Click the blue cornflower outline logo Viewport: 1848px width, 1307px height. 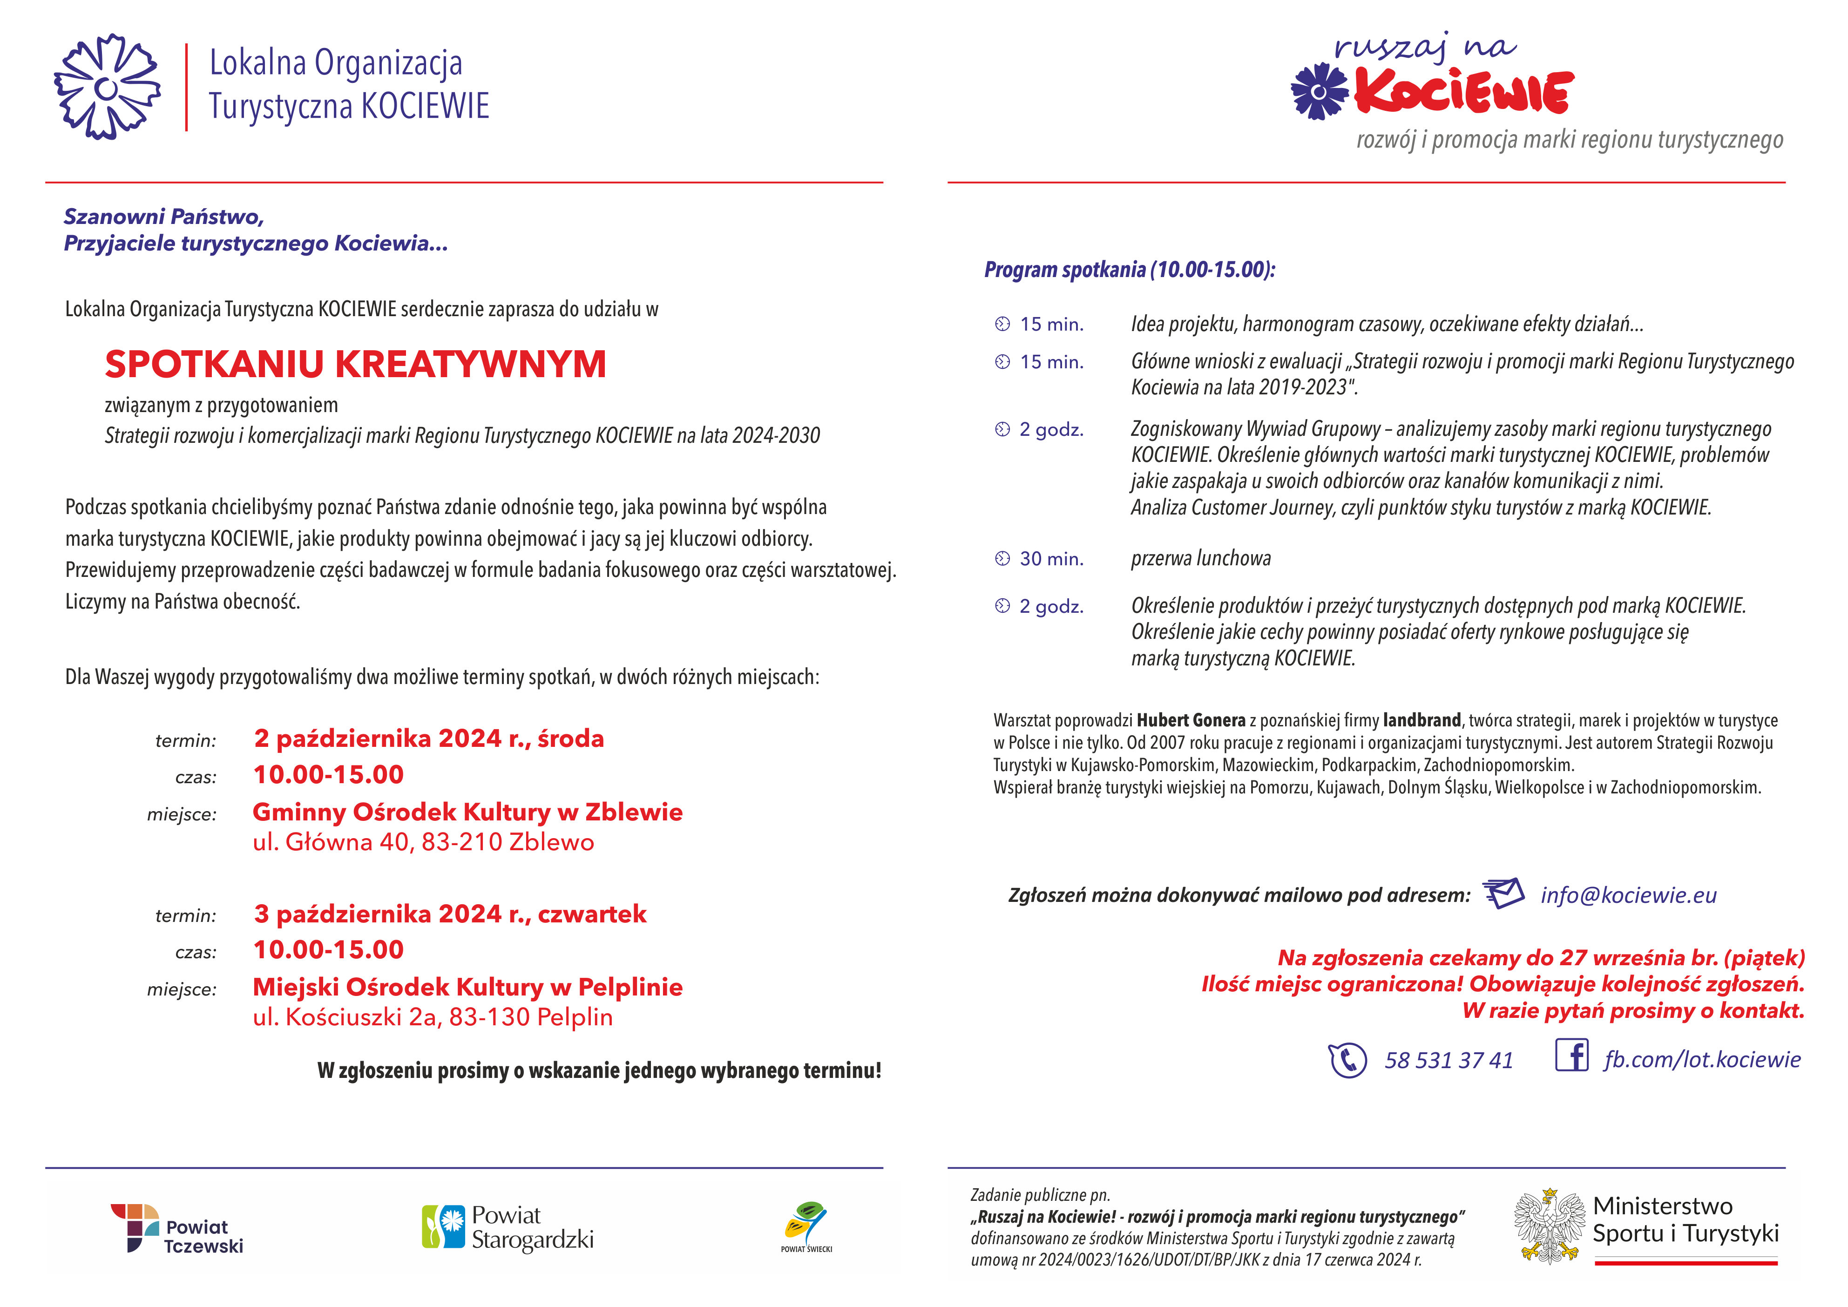(107, 87)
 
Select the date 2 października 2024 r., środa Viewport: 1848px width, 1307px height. (428, 738)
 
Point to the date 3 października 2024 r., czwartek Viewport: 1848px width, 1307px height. (449, 914)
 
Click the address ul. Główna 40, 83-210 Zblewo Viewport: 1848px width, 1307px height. (423, 842)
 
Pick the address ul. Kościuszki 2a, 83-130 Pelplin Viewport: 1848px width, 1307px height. (432, 1017)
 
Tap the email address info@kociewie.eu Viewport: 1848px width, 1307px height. (1627, 895)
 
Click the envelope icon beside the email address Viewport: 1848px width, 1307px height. (1503, 893)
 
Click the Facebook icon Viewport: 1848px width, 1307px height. (1571, 1055)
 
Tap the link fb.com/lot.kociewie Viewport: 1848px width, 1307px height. (1701, 1059)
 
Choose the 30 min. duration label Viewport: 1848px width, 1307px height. (1051, 559)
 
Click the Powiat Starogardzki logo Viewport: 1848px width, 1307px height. (508, 1227)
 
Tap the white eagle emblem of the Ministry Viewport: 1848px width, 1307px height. (1549, 1226)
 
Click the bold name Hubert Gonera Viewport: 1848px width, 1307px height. (1191, 720)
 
